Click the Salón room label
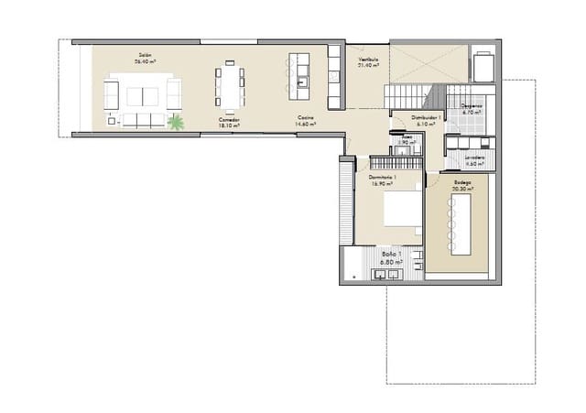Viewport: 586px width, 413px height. (x=145, y=56)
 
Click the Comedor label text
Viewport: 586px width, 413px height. (x=230, y=120)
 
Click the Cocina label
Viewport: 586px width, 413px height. (x=306, y=119)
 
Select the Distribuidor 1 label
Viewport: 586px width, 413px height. (x=427, y=117)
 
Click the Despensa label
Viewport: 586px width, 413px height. (x=472, y=106)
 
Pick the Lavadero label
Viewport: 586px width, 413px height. (x=473, y=157)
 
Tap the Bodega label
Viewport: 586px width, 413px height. (x=462, y=182)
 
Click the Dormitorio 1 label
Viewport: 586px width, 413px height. (x=382, y=177)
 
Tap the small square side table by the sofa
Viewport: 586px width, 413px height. (x=112, y=120)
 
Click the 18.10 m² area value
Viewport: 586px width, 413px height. (x=230, y=125)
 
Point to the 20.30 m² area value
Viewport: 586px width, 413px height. (x=462, y=189)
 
